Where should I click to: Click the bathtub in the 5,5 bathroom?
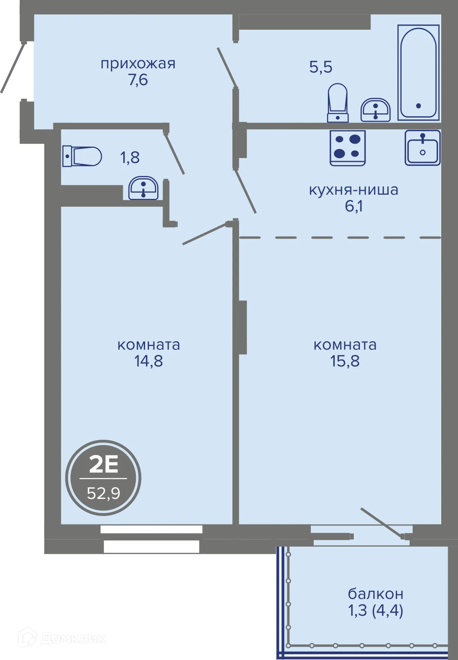click(x=418, y=73)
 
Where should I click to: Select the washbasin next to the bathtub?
click(x=376, y=110)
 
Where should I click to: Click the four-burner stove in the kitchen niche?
click(x=348, y=148)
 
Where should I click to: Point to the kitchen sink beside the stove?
click(x=423, y=148)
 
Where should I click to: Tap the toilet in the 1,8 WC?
click(x=82, y=156)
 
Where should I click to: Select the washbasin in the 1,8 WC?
click(x=144, y=188)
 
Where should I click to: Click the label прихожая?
click(x=138, y=63)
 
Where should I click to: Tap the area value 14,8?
click(x=148, y=361)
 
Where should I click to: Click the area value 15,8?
click(x=345, y=361)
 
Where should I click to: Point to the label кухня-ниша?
click(x=353, y=189)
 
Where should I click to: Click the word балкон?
click(x=376, y=594)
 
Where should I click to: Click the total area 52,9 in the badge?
click(x=103, y=493)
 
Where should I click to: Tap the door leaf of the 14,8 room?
click(x=205, y=233)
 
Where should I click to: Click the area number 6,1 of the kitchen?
click(x=354, y=206)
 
